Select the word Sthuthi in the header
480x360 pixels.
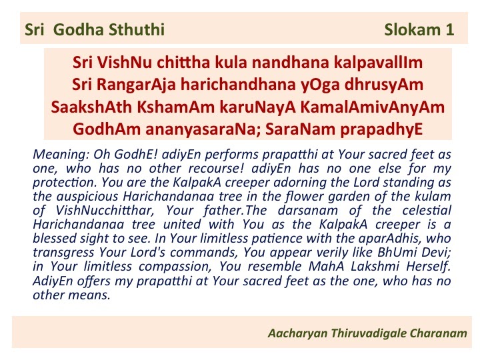(x=137, y=30)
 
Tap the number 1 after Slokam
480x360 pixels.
(x=450, y=30)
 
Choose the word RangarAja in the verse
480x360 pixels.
(x=136, y=85)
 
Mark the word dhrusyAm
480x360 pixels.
(x=384, y=85)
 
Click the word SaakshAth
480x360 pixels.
(x=91, y=107)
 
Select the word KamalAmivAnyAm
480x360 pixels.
(x=373, y=107)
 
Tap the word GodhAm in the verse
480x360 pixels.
(x=107, y=129)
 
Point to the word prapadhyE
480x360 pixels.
(x=381, y=129)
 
